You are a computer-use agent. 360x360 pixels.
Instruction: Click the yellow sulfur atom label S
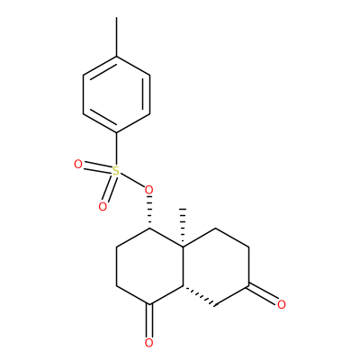pyautogui.click(x=116, y=172)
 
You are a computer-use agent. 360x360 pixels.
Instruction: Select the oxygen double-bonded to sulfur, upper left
pyautogui.click(x=78, y=165)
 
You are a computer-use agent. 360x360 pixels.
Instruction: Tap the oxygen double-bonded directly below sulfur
pyautogui.click(x=103, y=207)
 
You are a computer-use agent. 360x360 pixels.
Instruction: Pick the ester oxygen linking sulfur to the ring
pyautogui.click(x=148, y=190)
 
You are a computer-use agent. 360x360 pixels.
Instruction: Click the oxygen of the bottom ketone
pyautogui.click(x=148, y=343)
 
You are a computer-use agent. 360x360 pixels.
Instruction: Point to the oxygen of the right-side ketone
pyautogui.click(x=282, y=304)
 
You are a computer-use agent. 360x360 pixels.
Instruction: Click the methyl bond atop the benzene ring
pyautogui.click(x=116, y=37)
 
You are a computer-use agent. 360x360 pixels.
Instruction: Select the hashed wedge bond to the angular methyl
pyautogui.click(x=183, y=228)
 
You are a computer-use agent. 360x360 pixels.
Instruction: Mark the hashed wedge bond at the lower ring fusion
pyautogui.click(x=199, y=297)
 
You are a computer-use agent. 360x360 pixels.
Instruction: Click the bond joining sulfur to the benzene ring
pyautogui.click(x=116, y=149)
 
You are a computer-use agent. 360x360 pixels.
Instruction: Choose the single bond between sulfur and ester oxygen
pyautogui.click(x=131, y=180)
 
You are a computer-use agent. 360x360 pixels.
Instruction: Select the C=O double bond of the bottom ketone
pyautogui.click(x=149, y=321)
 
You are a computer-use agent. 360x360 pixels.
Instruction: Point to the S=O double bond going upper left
pyautogui.click(x=98, y=168)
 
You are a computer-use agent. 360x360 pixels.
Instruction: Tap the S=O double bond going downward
pyautogui.click(x=109, y=190)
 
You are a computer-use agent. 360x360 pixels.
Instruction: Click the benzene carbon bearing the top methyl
pyautogui.click(x=116, y=56)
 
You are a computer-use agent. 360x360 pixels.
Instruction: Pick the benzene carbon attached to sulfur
pyautogui.click(x=116, y=132)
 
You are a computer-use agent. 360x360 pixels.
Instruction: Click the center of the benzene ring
pyautogui.click(x=116, y=94)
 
